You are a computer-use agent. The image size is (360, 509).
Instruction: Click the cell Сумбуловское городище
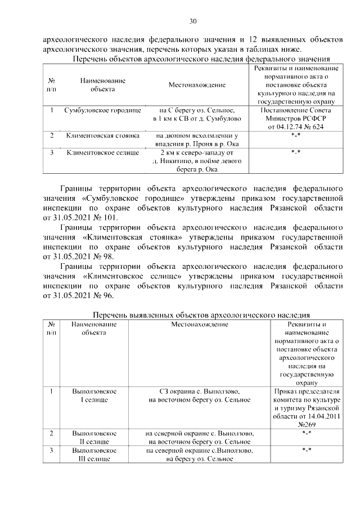102,110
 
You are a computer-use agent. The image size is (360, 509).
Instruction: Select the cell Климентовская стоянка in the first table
102,136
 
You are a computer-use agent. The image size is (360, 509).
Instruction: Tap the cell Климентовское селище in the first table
102,152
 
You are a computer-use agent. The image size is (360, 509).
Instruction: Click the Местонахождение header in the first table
197,84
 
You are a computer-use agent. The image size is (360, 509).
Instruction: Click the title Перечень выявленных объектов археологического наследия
201,314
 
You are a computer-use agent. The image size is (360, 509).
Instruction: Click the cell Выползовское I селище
94,395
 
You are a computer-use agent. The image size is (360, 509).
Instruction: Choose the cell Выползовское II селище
94,438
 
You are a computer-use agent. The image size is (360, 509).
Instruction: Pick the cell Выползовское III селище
94,455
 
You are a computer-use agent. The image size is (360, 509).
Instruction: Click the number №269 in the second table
307,425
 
